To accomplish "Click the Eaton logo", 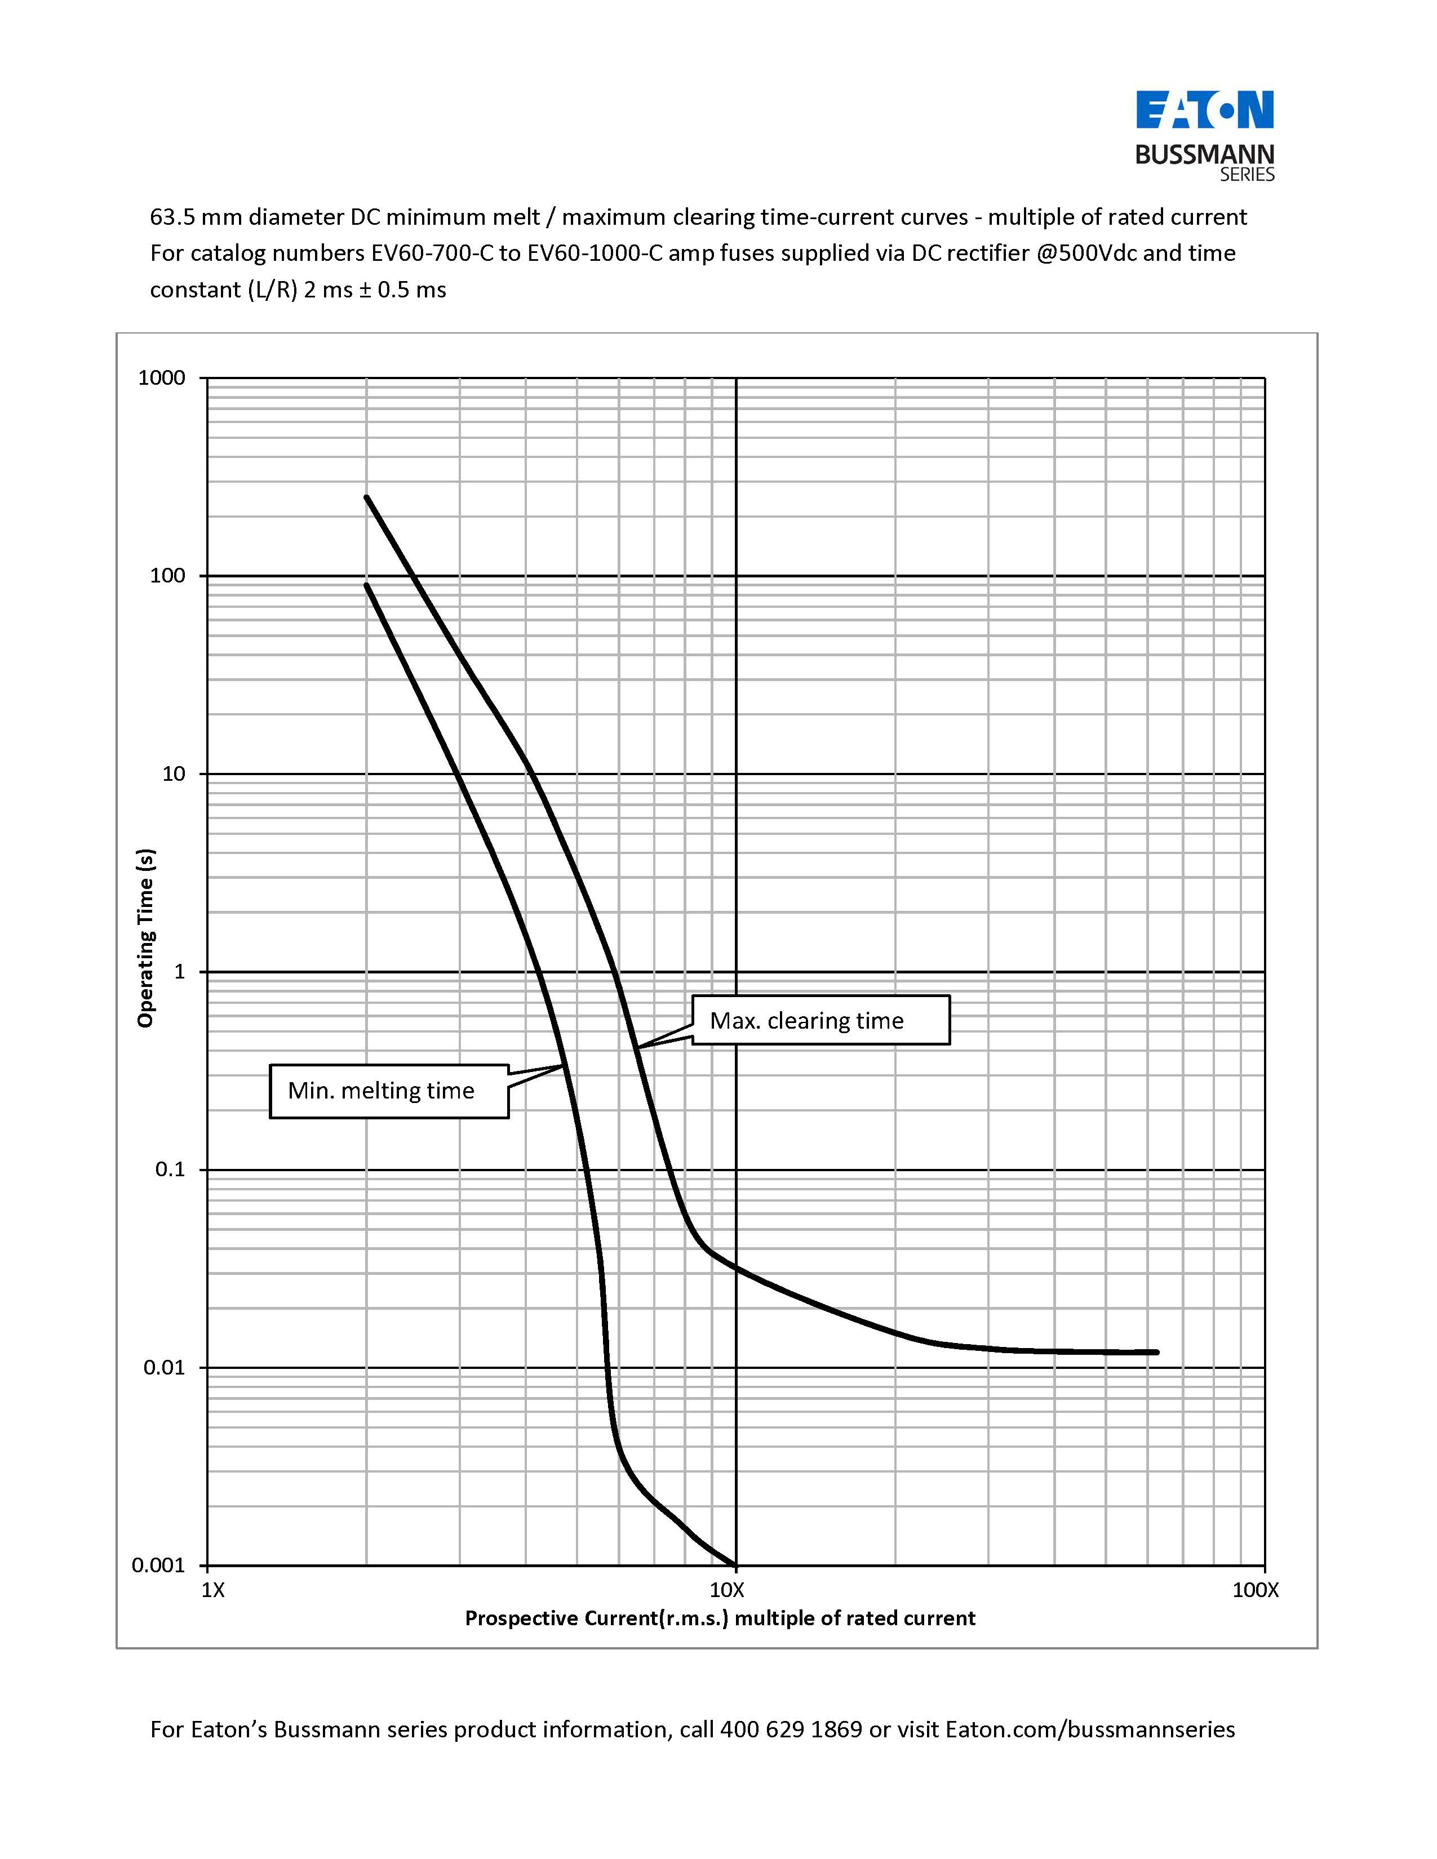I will click(1205, 110).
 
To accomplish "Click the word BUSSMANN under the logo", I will click(1205, 155).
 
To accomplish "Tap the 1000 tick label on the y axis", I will click(162, 378).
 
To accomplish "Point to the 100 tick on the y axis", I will click(168, 576).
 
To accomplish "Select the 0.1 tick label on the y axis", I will click(170, 1169).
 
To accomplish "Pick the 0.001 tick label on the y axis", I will click(158, 1566).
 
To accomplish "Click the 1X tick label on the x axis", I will click(213, 1590).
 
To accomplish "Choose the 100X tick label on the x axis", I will click(1256, 1590).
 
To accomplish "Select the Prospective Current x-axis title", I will click(720, 1618).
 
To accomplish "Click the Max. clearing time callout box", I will click(820, 1020).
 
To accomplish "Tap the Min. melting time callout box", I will click(389, 1091).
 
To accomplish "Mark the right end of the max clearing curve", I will click(1156, 1351).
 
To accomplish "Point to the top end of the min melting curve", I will click(367, 586).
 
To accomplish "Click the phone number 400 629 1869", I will click(791, 1729).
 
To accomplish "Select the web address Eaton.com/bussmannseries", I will click(1090, 1729).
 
